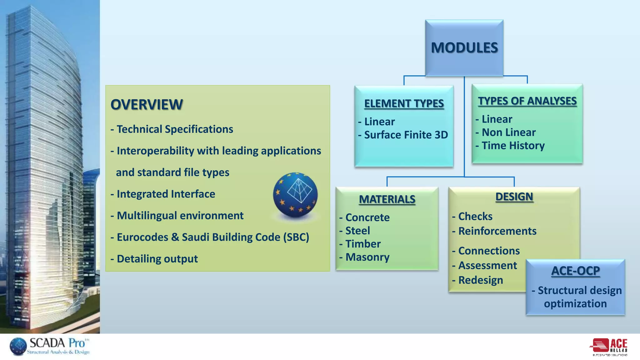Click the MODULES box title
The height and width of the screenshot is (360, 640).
coord(464,48)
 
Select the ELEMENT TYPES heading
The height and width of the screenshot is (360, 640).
coord(404,103)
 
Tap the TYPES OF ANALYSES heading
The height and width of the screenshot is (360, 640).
coord(527,101)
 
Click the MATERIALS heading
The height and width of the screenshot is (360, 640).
coord(387,199)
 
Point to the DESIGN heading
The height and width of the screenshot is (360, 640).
coord(514,197)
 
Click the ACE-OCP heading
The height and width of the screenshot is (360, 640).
coord(575,271)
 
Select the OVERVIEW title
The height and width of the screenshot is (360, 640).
coord(147,104)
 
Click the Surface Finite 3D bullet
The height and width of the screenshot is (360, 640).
coord(406,135)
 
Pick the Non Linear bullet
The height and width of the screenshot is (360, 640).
coord(508,132)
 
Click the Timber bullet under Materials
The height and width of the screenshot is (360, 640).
coord(362,244)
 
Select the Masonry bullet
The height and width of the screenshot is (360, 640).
coord(367,257)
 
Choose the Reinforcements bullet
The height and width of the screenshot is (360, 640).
coord(497,231)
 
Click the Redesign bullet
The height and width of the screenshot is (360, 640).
coord(480,280)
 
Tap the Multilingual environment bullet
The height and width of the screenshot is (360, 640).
coord(180,216)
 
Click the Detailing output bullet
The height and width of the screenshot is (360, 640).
coord(157,259)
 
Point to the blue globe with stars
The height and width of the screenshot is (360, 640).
coord(295,195)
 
